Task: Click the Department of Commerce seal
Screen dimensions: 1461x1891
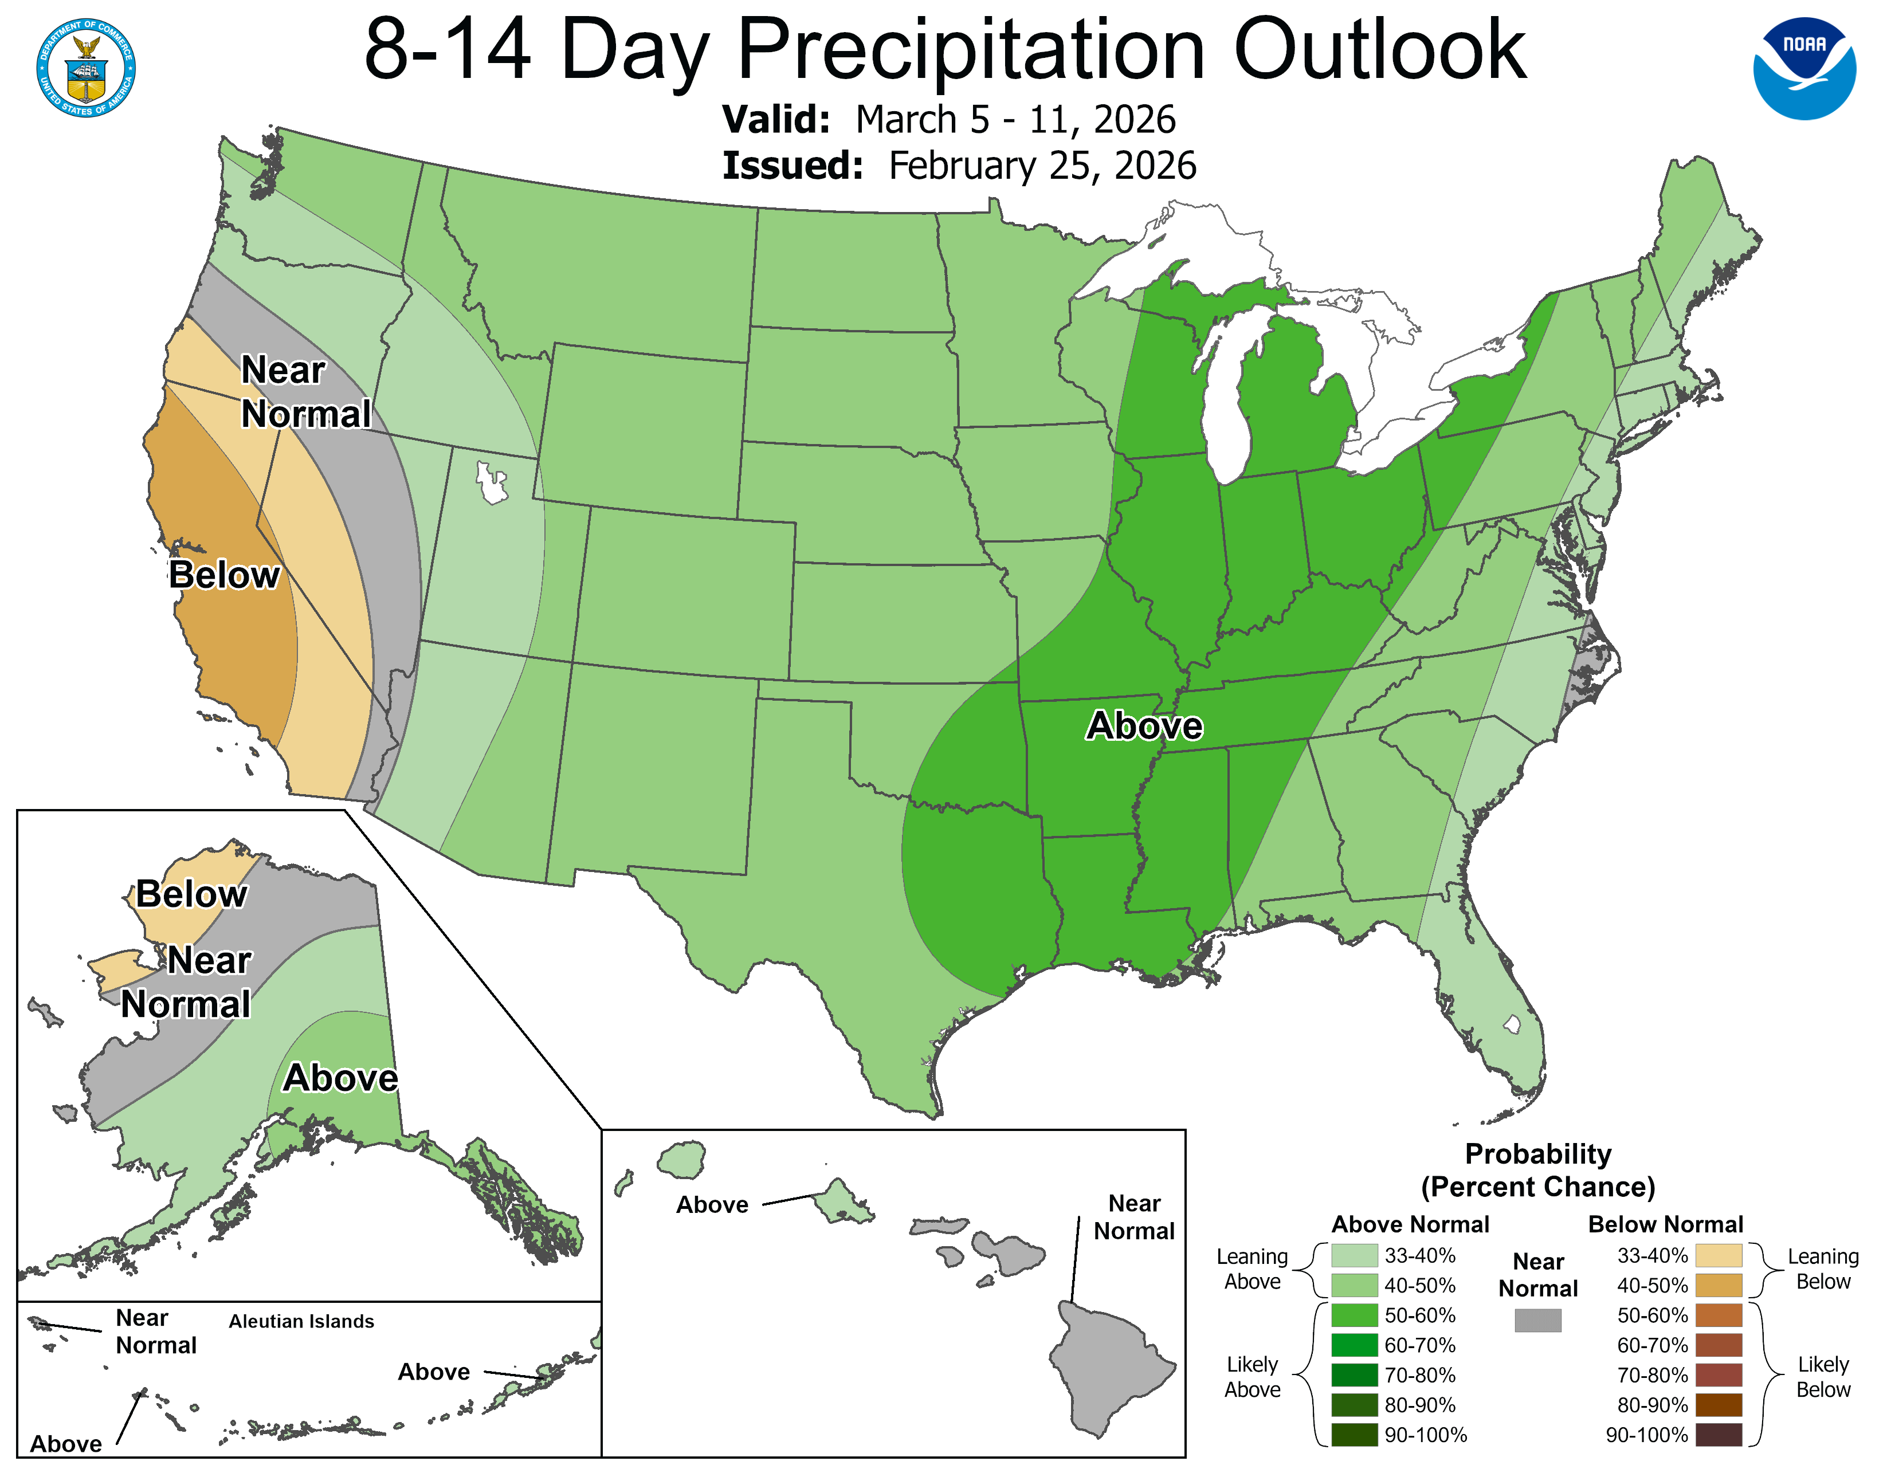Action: pyautogui.click(x=86, y=68)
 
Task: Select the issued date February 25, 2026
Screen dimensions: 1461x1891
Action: pyautogui.click(x=1042, y=166)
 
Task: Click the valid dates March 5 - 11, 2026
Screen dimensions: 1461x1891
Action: pyautogui.click(x=1015, y=119)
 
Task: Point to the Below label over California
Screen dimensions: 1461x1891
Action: pyautogui.click(x=224, y=575)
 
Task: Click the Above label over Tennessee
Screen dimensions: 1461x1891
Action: pyautogui.click(x=1144, y=725)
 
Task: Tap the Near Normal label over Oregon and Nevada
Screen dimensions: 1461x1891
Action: pyautogui.click(x=305, y=392)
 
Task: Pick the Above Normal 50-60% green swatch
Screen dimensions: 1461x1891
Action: pyautogui.click(x=1354, y=1315)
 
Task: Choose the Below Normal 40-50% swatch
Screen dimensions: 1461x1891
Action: pyautogui.click(x=1718, y=1285)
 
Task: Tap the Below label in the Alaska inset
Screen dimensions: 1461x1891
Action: pyautogui.click(x=191, y=894)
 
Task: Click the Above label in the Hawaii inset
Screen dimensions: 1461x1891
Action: pyautogui.click(x=712, y=1205)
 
